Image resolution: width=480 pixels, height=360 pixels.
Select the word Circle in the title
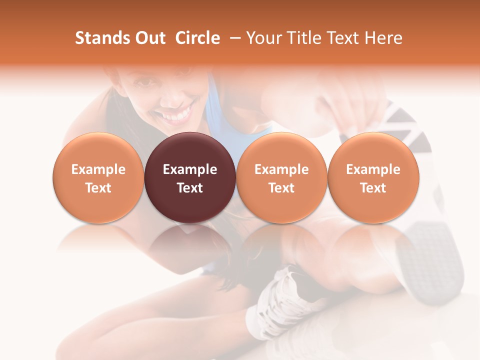tap(197, 38)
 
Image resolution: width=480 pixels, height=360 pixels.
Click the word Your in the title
tap(262, 38)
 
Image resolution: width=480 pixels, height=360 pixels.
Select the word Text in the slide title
tap(342, 38)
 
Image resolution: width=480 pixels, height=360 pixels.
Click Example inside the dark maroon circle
tap(190, 169)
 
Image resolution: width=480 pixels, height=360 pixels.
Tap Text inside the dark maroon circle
tap(190, 188)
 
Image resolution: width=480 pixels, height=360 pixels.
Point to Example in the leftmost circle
tap(98, 169)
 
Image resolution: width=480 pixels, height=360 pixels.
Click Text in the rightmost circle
tap(373, 188)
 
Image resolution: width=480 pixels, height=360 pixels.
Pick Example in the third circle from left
tap(281, 169)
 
